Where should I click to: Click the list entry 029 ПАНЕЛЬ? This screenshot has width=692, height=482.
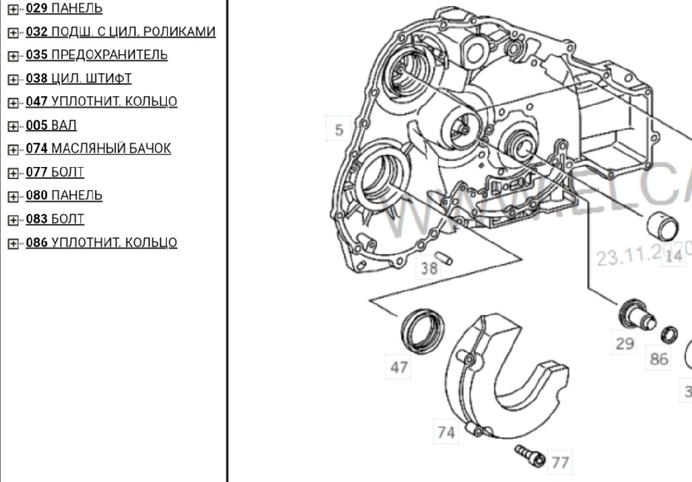(x=64, y=9)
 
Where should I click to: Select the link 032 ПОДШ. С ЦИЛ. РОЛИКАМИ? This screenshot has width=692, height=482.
(x=120, y=32)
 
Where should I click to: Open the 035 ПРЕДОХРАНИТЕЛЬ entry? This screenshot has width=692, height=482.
(x=97, y=55)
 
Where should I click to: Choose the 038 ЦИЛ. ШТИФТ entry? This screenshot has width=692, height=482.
(x=78, y=78)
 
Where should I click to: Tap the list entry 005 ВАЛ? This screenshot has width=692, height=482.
(x=51, y=125)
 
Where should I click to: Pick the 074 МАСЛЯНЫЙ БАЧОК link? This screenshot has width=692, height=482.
(x=98, y=148)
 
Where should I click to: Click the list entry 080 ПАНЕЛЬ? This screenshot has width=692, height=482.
(x=64, y=195)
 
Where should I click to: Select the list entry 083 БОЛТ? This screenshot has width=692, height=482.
(x=55, y=219)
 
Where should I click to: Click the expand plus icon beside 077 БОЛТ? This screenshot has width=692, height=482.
(x=13, y=173)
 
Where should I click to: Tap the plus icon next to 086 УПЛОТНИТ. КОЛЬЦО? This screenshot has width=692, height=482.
(x=13, y=243)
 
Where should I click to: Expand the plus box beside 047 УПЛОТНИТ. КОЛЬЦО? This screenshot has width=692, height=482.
(x=13, y=103)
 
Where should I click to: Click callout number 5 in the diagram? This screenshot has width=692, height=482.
(x=339, y=130)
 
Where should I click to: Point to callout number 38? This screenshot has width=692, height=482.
(x=429, y=268)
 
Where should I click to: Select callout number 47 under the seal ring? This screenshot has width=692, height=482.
(x=399, y=367)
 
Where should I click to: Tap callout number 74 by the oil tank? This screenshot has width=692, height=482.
(x=446, y=432)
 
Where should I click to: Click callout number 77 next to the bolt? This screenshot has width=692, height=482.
(x=560, y=462)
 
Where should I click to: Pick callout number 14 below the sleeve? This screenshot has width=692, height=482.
(x=674, y=256)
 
